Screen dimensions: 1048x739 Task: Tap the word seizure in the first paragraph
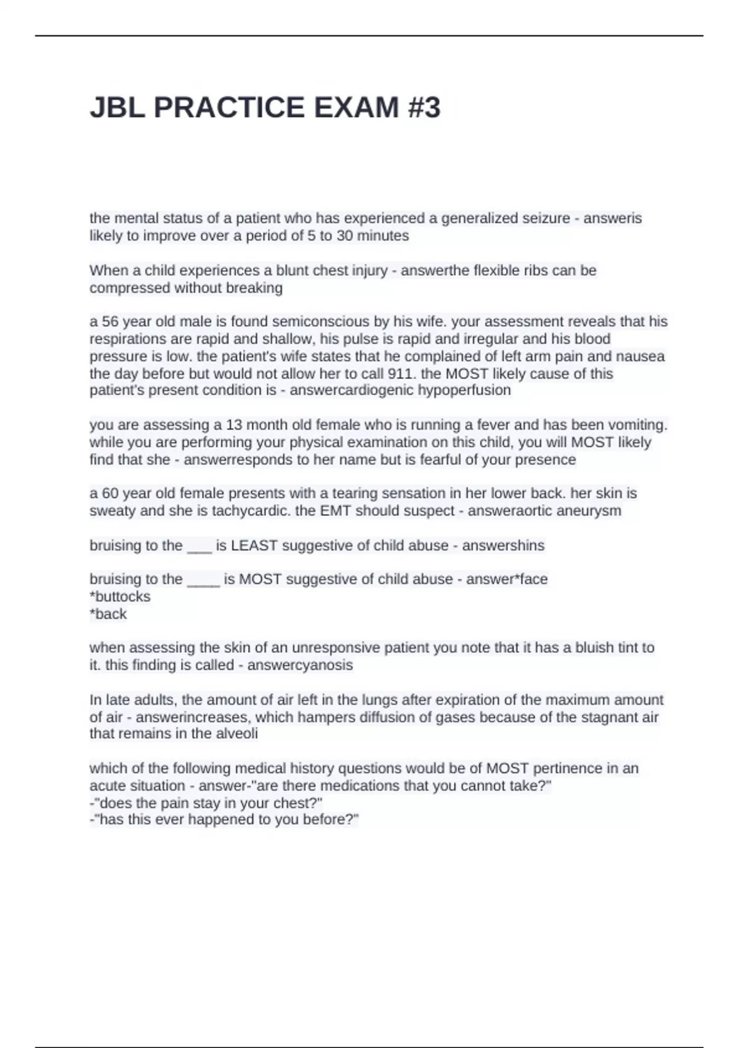pos(547,218)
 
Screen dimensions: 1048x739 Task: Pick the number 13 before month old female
pos(235,425)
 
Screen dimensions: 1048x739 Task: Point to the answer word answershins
pos(503,546)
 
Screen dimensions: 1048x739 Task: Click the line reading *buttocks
pos(120,597)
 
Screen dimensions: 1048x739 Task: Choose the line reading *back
pos(108,614)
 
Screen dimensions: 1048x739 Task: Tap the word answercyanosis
pos(300,665)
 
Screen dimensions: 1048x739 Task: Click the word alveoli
pos(236,734)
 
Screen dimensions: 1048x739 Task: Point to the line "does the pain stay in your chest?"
pos(206,803)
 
